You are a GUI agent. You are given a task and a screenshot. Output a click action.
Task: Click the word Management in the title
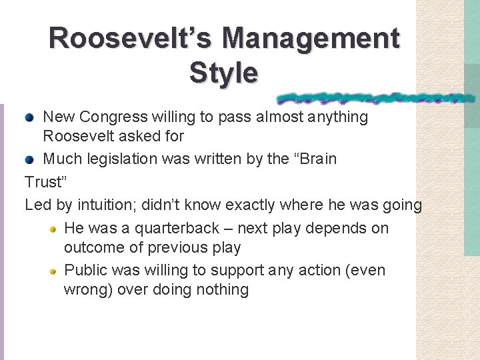click(312, 38)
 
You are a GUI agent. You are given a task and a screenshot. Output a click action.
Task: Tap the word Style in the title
click(223, 73)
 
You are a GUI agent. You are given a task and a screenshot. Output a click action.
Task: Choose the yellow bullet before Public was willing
click(52, 271)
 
